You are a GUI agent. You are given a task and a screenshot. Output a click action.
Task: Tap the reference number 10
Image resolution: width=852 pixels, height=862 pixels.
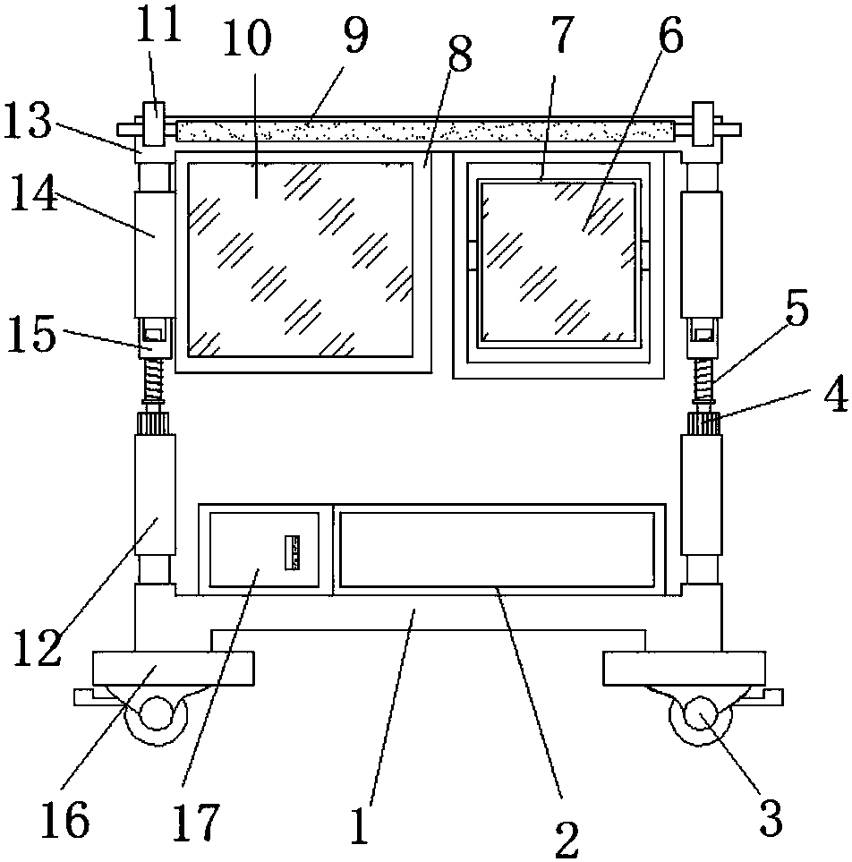coord(247,38)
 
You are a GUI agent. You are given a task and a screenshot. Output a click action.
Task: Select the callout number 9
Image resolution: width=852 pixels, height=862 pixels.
coord(355,35)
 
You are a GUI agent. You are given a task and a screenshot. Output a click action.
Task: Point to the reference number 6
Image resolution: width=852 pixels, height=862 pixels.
coord(670,36)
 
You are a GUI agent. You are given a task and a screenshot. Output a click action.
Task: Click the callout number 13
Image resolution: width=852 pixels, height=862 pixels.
coord(28,119)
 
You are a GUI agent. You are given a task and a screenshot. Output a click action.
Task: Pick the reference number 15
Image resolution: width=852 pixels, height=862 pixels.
coord(31,333)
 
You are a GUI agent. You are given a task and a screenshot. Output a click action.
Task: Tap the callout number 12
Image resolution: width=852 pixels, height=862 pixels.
coord(37,647)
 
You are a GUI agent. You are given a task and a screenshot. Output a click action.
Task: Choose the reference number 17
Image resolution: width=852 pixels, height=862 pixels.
coord(196,822)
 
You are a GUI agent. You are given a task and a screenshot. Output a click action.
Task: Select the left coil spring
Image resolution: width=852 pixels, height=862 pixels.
coord(155,380)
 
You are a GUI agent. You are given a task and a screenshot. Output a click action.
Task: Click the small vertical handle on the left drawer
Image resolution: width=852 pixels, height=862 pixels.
coord(292,552)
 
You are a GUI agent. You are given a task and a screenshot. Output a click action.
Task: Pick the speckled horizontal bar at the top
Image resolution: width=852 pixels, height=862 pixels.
coord(425,131)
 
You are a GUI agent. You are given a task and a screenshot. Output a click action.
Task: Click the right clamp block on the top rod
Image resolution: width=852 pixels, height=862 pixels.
coord(703,124)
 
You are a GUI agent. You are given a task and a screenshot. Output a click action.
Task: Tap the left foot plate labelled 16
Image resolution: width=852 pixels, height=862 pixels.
coord(173,669)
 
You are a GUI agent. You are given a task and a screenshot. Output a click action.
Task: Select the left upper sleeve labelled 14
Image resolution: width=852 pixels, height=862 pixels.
coord(155,254)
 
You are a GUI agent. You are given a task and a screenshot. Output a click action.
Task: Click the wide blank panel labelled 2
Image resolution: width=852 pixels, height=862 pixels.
coord(497,550)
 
